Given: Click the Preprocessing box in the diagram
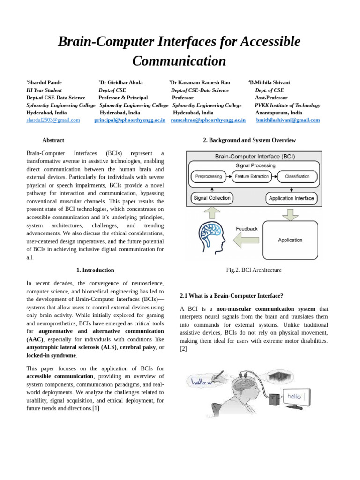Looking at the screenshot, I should (x=209, y=176).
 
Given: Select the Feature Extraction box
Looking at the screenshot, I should (x=252, y=176).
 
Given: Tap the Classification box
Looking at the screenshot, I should (x=297, y=176).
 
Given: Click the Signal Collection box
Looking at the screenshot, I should (x=212, y=198).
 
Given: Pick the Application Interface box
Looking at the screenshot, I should (x=291, y=198).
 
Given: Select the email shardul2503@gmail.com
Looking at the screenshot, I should (x=53, y=120).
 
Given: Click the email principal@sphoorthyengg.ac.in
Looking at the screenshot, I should (x=130, y=120).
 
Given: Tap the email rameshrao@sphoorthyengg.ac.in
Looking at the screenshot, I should (x=208, y=120).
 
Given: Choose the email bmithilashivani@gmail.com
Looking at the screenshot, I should (x=288, y=120).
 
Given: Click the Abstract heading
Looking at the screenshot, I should (x=53, y=140).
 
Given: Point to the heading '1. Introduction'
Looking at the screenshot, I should (x=95, y=270).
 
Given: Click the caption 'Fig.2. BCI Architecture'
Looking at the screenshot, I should (x=254, y=270).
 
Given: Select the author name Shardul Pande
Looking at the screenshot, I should (x=45, y=82).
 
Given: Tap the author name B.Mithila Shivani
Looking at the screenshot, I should (x=270, y=82).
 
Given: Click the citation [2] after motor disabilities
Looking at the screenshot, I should (x=184, y=348).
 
